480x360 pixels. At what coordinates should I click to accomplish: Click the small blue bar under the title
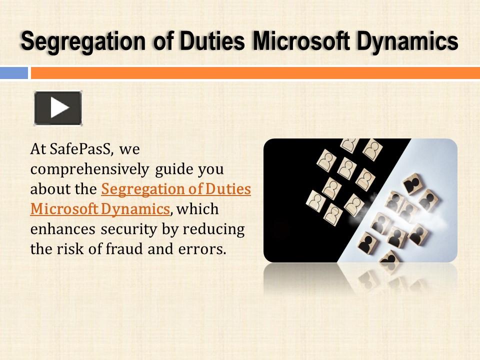[13, 73]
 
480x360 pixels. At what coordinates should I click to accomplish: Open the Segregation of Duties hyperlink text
[175, 189]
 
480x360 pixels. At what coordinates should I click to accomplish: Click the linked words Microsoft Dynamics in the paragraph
[100, 209]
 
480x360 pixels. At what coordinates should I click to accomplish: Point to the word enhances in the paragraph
[63, 229]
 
